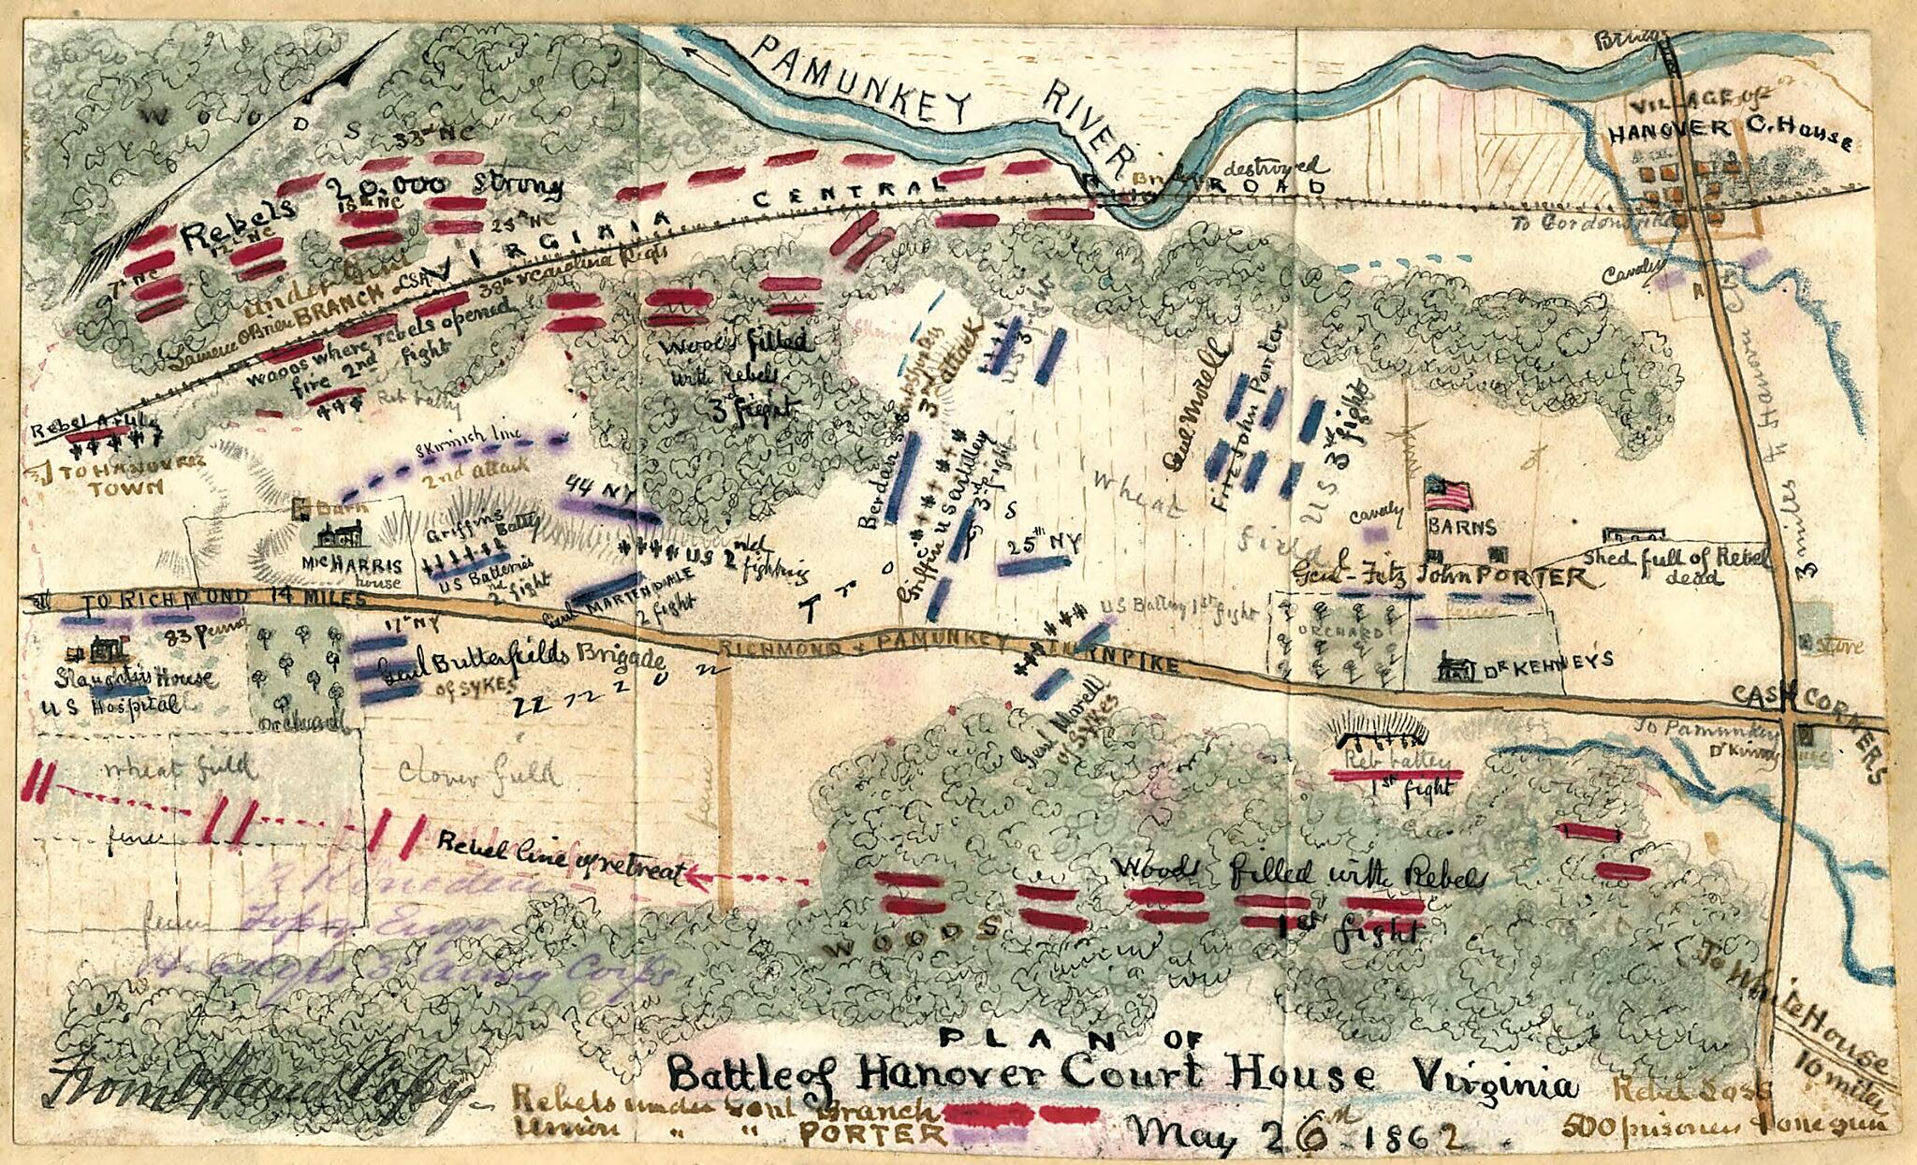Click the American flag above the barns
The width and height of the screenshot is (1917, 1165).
1448,492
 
